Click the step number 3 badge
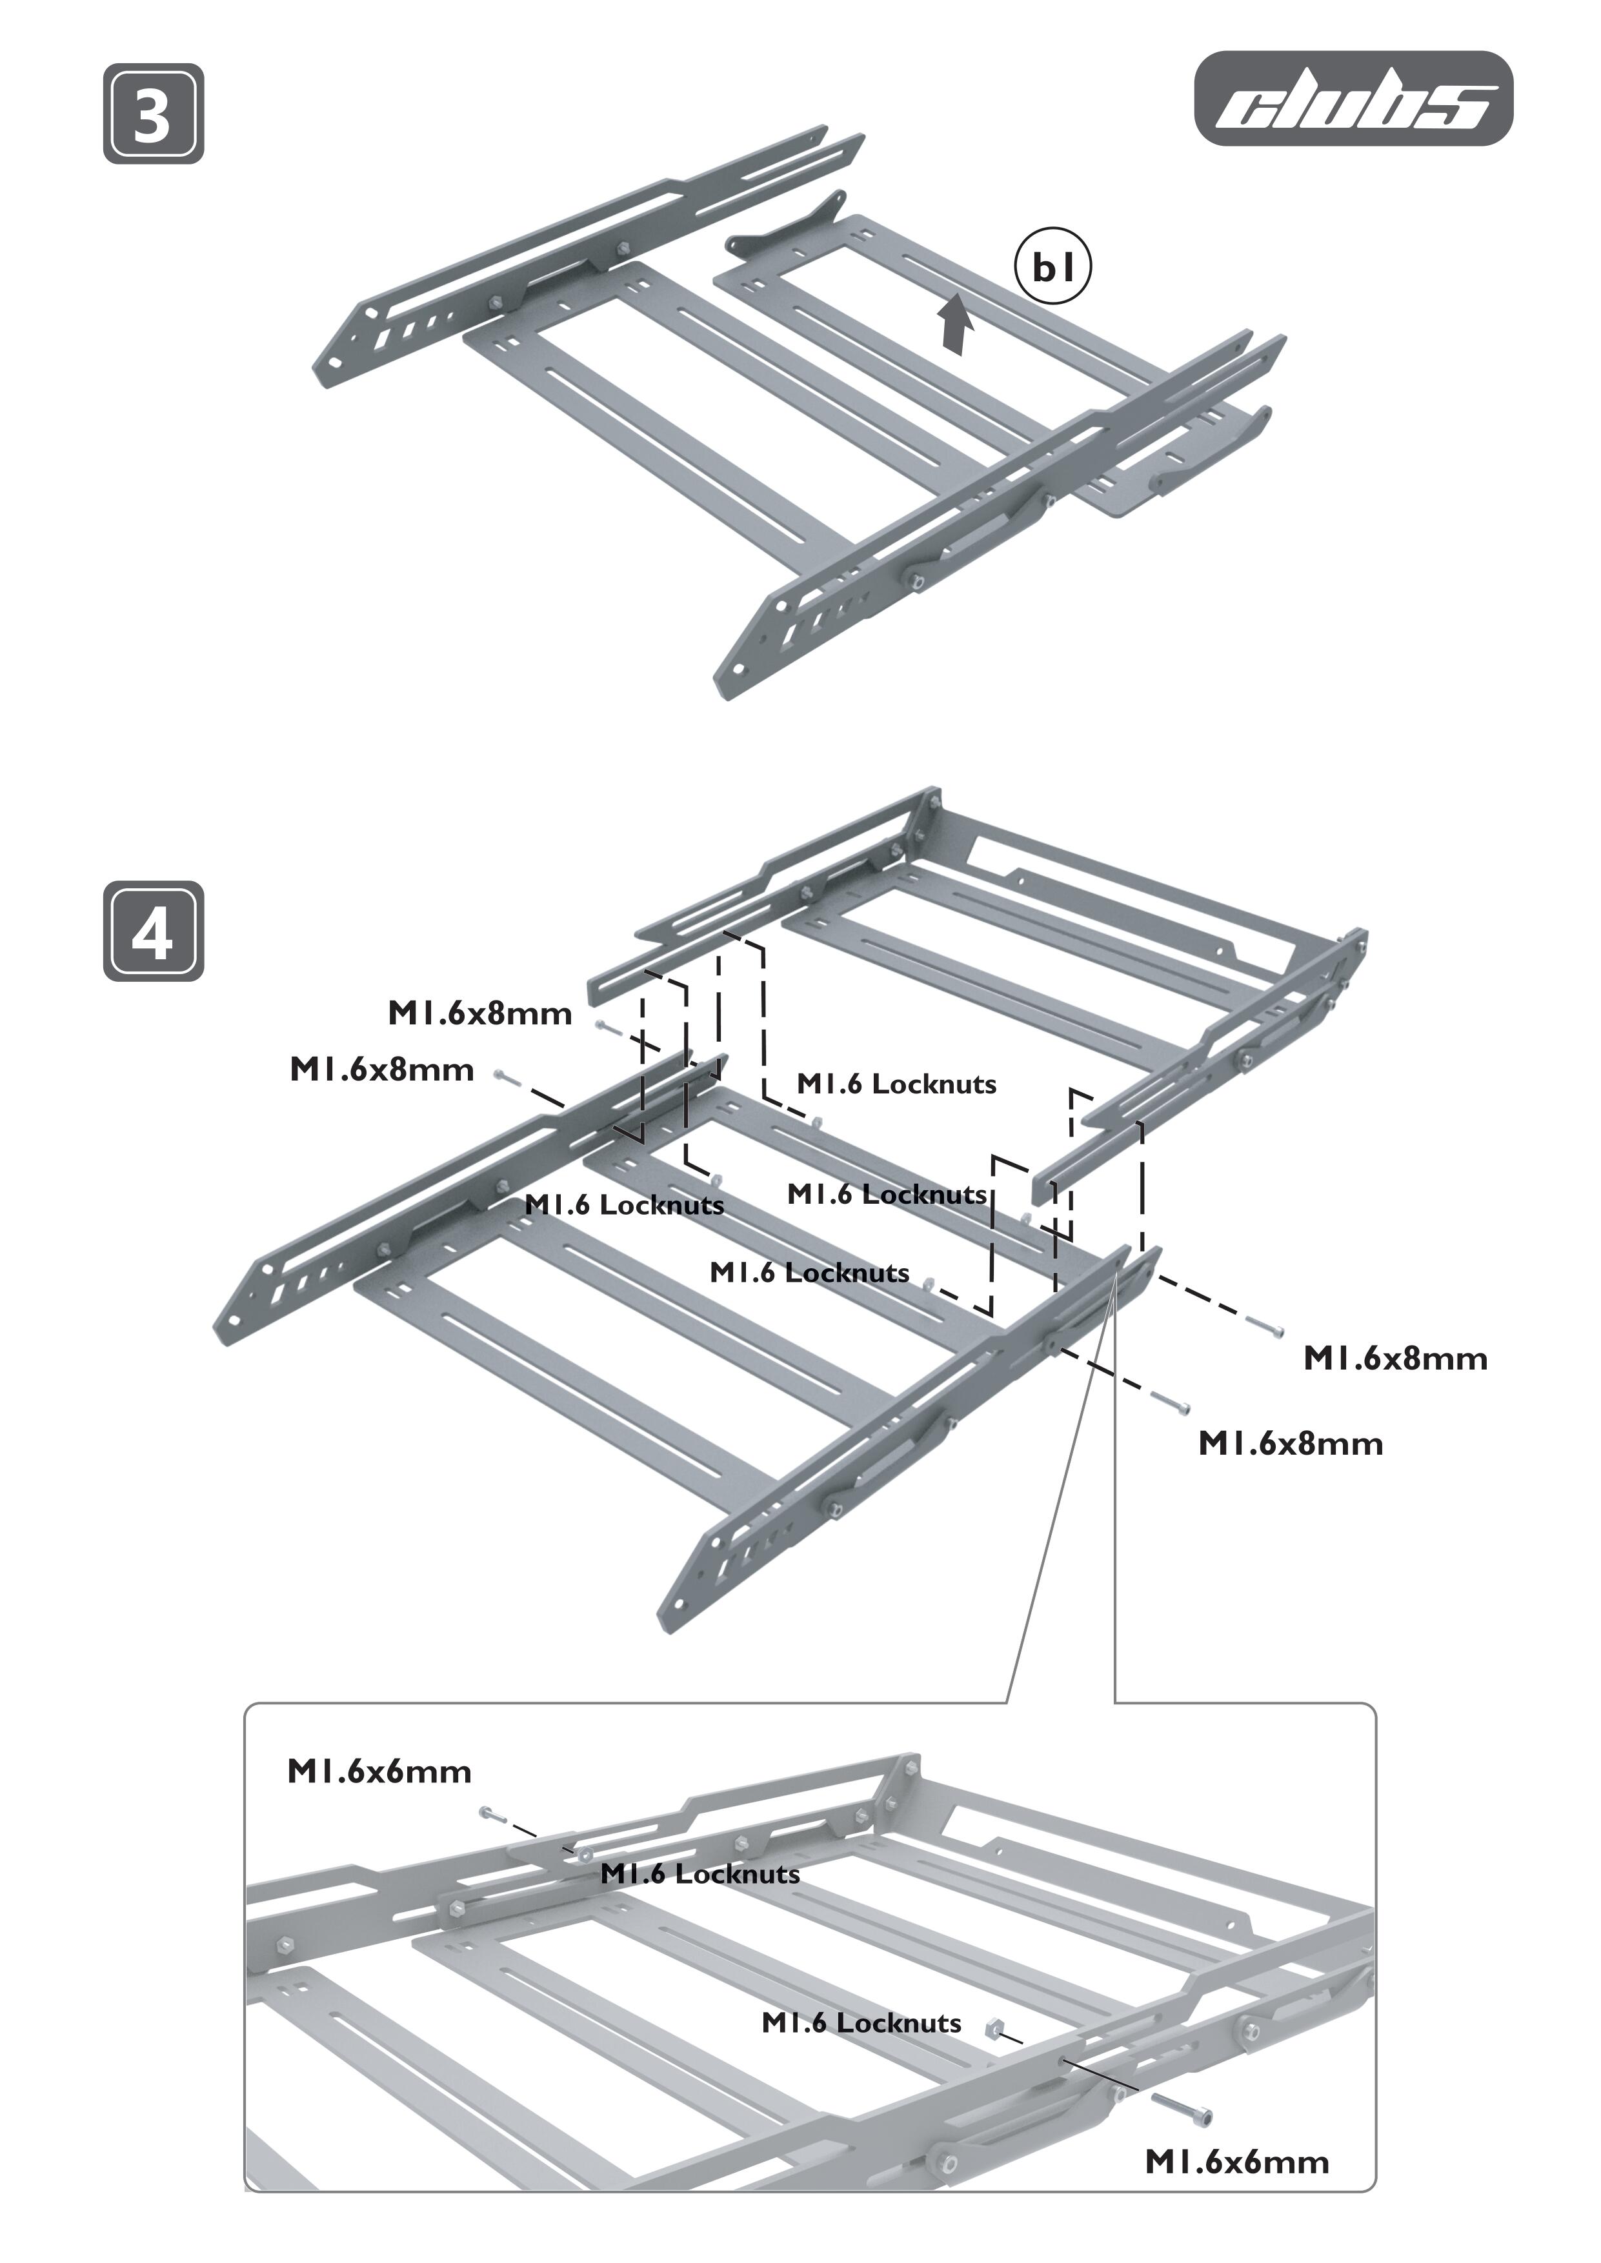point(153,114)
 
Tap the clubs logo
point(1353,99)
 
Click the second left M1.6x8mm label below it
point(381,1070)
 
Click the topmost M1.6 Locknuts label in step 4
point(896,1084)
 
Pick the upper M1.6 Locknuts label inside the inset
point(700,1873)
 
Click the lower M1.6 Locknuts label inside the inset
point(861,2022)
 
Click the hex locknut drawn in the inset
point(994,2026)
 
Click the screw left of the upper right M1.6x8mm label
point(1265,1327)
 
